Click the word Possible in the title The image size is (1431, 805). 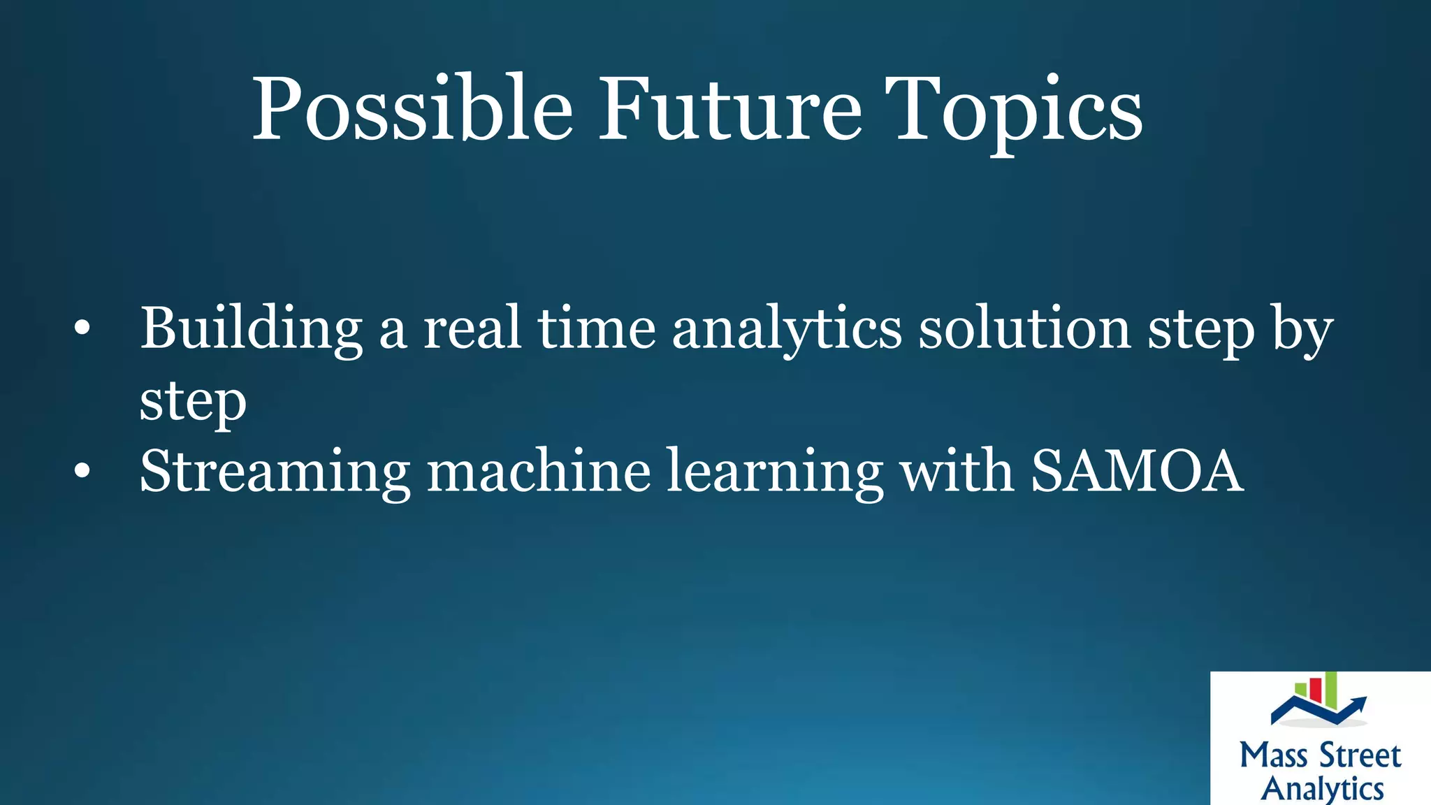(412, 110)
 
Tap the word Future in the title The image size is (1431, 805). (730, 110)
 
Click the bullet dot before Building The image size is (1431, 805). (82, 328)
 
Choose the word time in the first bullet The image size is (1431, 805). (596, 328)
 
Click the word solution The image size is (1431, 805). (1024, 328)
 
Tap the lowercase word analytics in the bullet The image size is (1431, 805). (786, 328)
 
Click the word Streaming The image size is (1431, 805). (275, 472)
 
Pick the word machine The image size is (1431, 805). (539, 472)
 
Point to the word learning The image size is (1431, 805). (775, 472)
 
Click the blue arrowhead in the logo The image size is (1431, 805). (1359, 702)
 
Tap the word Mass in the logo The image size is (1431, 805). (1273, 755)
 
